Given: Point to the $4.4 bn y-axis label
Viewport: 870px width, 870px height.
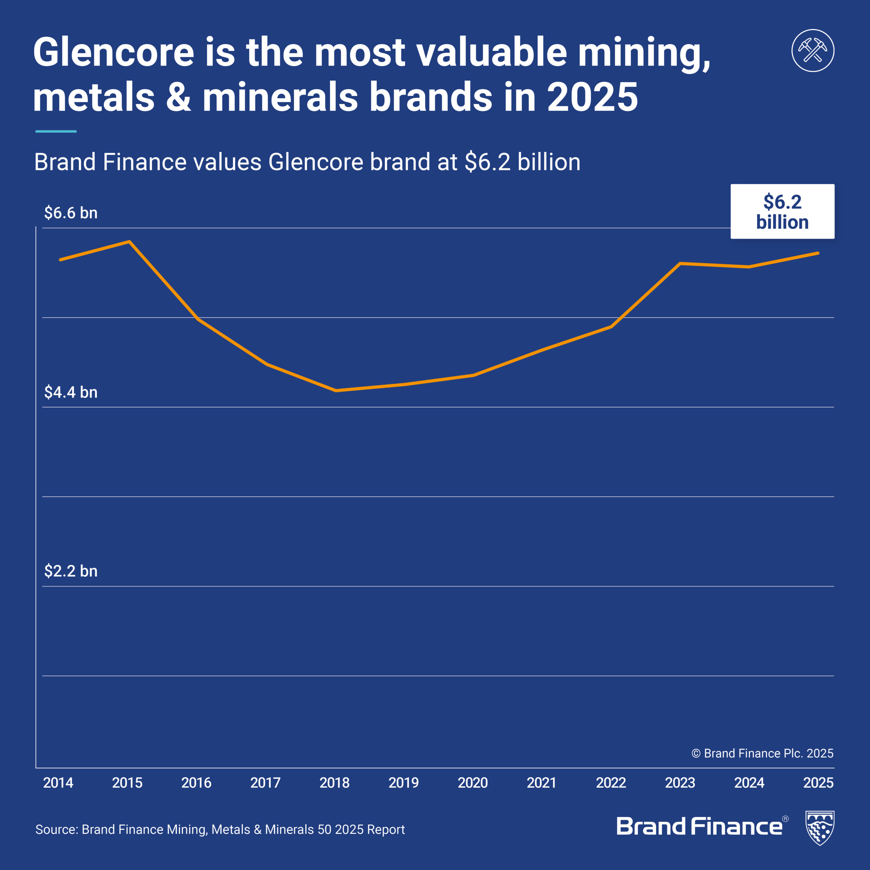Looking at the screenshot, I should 71,392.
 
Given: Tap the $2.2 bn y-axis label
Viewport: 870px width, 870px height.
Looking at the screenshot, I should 71,571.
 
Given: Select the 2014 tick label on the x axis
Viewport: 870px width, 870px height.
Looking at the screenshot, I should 58,783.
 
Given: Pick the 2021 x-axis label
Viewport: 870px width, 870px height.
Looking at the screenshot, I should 541,783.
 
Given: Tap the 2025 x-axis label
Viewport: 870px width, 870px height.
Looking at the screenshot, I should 818,783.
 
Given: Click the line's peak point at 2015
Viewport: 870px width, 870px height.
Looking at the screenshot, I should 129,242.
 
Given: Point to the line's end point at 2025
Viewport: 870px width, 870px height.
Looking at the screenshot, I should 818,253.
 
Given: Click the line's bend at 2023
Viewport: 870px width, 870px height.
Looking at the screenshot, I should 680,263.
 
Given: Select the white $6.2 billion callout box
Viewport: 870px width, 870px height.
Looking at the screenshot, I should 782,211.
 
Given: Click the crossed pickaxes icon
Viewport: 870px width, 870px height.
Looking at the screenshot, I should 813,50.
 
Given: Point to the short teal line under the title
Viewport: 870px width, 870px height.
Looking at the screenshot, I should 56,132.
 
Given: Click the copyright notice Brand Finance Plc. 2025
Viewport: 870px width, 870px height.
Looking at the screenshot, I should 762,753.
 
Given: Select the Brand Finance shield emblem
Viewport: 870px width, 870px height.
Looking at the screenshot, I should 820,828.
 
